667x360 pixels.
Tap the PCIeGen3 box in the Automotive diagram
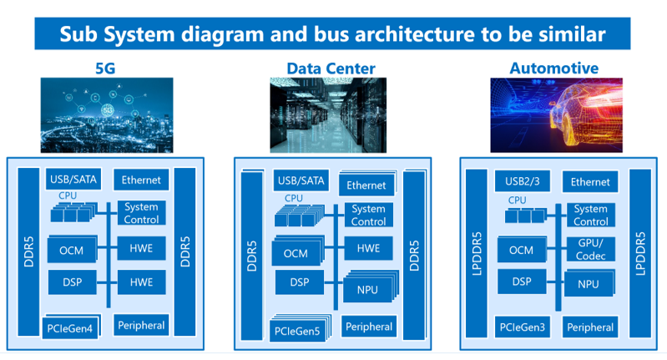[x=523, y=327]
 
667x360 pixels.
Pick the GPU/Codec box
[x=591, y=250]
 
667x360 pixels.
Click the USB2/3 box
[x=523, y=181]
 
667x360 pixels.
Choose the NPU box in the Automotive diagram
[x=589, y=283]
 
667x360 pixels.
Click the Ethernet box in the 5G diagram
[x=141, y=180]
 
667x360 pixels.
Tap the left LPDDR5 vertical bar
[x=477, y=253]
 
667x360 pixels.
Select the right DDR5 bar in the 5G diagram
[x=185, y=251]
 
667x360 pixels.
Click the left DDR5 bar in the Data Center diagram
[x=252, y=256]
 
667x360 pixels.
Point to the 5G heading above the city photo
[x=105, y=68]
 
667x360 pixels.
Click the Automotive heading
[x=554, y=68]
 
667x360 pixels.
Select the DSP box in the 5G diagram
[x=73, y=282]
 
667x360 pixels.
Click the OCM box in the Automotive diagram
[x=522, y=250]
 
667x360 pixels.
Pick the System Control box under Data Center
[x=368, y=215]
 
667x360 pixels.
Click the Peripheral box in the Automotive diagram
[x=590, y=327]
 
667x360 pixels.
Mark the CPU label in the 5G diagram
[x=68, y=195]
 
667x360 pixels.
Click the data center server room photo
[x=328, y=115]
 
